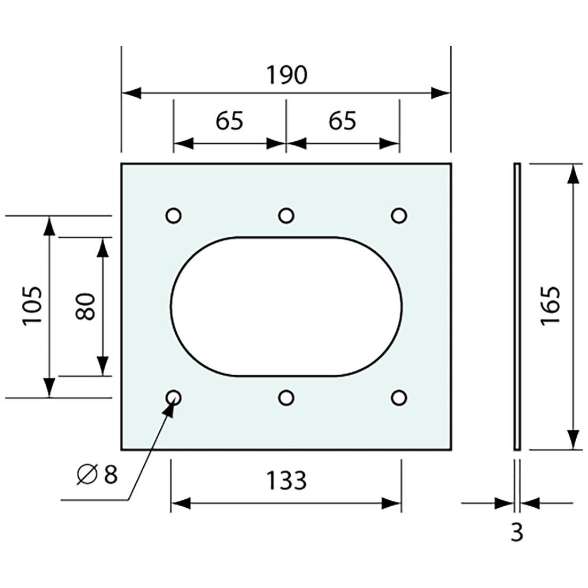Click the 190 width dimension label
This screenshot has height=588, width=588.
click(x=287, y=75)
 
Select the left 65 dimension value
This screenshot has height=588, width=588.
click(x=230, y=121)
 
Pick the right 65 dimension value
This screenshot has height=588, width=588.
click(x=342, y=121)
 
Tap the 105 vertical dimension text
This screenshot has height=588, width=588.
click(x=32, y=306)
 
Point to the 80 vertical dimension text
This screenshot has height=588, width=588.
click(x=85, y=306)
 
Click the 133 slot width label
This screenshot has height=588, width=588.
click(x=287, y=481)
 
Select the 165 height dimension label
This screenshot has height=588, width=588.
click(x=550, y=306)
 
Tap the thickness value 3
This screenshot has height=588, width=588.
click(x=516, y=533)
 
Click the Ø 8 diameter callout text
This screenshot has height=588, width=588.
click(x=97, y=474)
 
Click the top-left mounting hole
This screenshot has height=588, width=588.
click(x=174, y=215)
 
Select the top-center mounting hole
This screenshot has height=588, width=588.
click(x=286, y=215)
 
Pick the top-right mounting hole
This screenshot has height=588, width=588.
click(x=399, y=215)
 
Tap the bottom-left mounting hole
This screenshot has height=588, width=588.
click(x=174, y=398)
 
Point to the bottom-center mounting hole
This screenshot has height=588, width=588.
click(x=286, y=398)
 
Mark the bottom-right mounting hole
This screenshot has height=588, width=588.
click(x=399, y=398)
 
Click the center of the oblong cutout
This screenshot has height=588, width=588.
click(x=286, y=306)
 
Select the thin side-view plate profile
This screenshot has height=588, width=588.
click(x=516, y=306)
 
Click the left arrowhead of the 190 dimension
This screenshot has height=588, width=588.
click(x=131, y=93)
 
